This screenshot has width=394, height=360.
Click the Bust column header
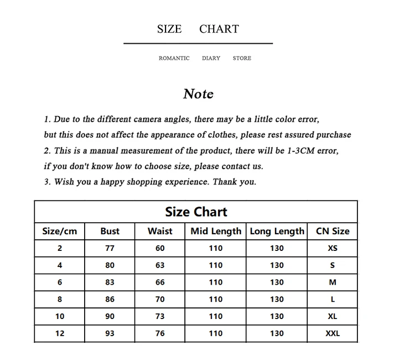(110, 231)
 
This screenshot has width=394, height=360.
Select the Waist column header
(160, 231)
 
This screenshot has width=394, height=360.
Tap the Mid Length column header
(216, 231)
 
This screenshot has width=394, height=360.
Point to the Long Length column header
(277, 231)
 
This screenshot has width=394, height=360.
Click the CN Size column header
(333, 231)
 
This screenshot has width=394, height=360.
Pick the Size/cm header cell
(60, 231)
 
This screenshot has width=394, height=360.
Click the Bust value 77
(110, 248)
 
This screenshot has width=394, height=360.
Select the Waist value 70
(160, 299)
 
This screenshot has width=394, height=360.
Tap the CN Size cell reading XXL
(333, 333)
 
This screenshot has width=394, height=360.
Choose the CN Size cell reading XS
(333, 248)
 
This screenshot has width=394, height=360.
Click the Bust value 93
(110, 333)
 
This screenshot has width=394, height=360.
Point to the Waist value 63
(160, 265)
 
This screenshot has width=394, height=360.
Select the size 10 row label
(60, 316)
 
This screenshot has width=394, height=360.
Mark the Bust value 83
(110, 282)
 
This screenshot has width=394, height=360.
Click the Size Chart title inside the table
(196, 212)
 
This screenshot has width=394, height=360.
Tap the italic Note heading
(198, 94)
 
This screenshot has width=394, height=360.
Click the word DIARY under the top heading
(211, 58)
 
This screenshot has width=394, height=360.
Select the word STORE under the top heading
(242, 58)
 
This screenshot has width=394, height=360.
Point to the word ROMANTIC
(174, 58)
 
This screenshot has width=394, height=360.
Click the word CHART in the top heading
(219, 29)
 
